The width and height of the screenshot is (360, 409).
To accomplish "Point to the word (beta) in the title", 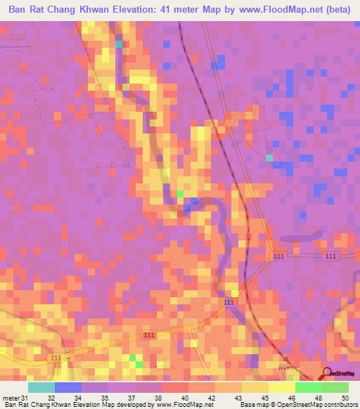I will [x=336, y=10].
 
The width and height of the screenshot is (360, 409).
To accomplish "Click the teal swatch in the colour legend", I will [x=41, y=388].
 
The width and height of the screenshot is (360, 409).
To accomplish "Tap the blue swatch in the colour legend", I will [x=67, y=388].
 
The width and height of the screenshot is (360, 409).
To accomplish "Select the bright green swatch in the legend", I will [x=308, y=388].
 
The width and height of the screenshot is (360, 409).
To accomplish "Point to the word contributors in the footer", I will [x=336, y=404].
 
